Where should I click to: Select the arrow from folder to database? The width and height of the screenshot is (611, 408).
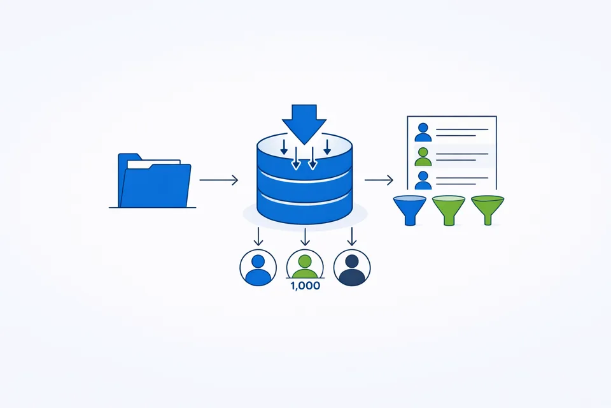click(x=218, y=180)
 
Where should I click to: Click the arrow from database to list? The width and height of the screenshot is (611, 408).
click(x=379, y=180)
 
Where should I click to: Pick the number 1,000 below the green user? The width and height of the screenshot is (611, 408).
click(x=305, y=286)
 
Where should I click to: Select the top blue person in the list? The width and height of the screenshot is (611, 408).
click(x=423, y=132)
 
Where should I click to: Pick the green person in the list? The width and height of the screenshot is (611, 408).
click(x=423, y=156)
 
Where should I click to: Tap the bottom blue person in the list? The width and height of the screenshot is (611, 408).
click(x=423, y=179)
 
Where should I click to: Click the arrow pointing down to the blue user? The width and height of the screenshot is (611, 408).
click(x=258, y=237)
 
